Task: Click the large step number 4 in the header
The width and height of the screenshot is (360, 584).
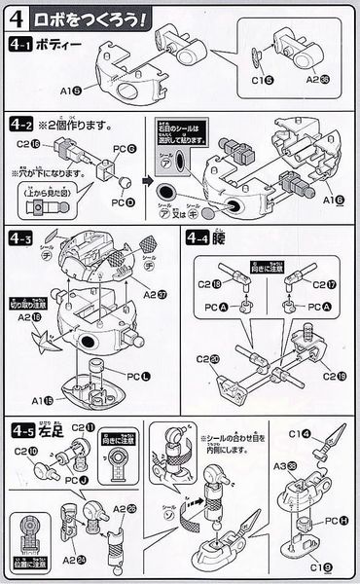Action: point(17,18)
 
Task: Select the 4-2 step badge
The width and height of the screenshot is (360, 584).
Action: point(21,126)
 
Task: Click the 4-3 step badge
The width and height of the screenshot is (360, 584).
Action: point(21,238)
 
